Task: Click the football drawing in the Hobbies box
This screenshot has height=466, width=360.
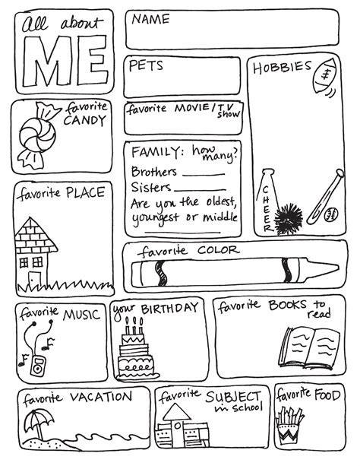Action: [x=325, y=75]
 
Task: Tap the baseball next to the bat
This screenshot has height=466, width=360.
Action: [x=331, y=214]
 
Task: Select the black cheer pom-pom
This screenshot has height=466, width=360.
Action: [x=288, y=218]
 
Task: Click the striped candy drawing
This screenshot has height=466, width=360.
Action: [x=36, y=135]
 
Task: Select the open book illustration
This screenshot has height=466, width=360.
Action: [x=309, y=347]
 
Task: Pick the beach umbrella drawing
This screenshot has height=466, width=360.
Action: [x=38, y=423]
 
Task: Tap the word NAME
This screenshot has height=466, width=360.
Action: [x=150, y=19]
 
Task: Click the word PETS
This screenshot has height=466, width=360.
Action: [x=146, y=65]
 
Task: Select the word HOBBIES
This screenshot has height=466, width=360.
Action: [x=282, y=67]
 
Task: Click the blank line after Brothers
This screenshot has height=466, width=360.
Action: [x=204, y=174]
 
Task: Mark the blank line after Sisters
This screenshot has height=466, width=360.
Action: [x=200, y=189]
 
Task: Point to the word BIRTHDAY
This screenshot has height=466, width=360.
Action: [x=169, y=308]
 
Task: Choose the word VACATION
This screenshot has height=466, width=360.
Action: [x=101, y=397]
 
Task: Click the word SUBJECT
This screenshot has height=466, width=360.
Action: [x=233, y=397]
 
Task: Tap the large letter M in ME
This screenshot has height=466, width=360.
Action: [x=49, y=61]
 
